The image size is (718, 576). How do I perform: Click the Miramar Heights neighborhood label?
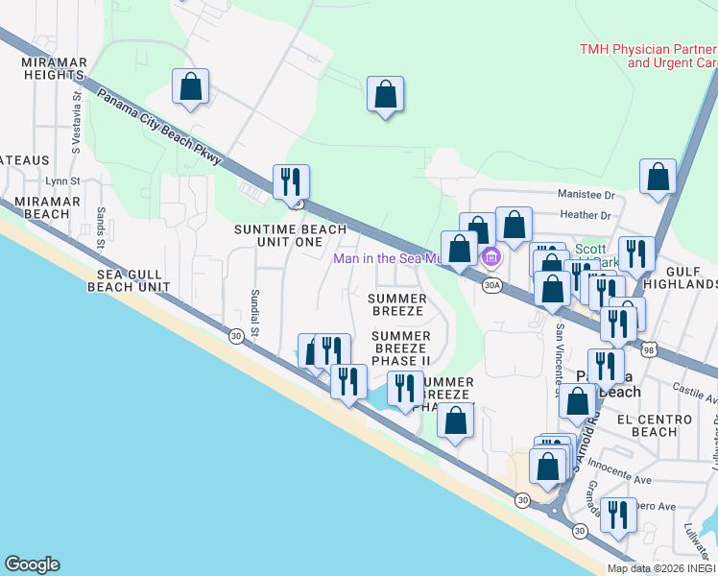pyautogui.click(x=54, y=68)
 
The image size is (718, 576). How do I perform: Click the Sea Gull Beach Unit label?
pyautogui.click(x=132, y=280)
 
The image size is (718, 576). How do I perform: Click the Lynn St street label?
pyautogui.click(x=62, y=180)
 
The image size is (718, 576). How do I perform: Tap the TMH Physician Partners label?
pyautogui.click(x=648, y=56)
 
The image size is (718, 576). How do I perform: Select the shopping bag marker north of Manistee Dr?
pyautogui.click(x=658, y=178)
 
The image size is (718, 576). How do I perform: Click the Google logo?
pyautogui.click(x=32, y=564)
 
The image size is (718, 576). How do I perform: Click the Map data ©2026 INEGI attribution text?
pyautogui.click(x=661, y=568)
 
